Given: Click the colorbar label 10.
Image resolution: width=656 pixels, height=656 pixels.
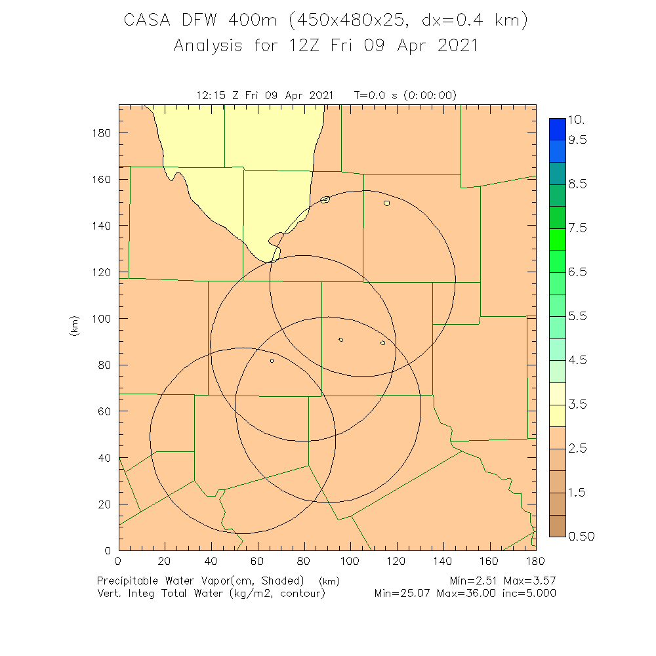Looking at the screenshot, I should click(577, 121).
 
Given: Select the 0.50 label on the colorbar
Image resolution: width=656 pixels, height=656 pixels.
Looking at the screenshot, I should click(581, 537).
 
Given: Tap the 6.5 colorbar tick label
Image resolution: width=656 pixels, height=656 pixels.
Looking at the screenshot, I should click(577, 272).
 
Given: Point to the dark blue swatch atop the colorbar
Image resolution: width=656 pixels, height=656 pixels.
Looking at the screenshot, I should click(558, 128).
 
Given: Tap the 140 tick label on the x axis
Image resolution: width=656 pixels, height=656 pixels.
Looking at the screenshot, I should click(443, 561).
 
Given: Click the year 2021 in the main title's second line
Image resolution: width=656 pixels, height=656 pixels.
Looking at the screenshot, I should click(453, 46).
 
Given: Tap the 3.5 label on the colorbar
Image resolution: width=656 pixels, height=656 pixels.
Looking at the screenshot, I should click(577, 404).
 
